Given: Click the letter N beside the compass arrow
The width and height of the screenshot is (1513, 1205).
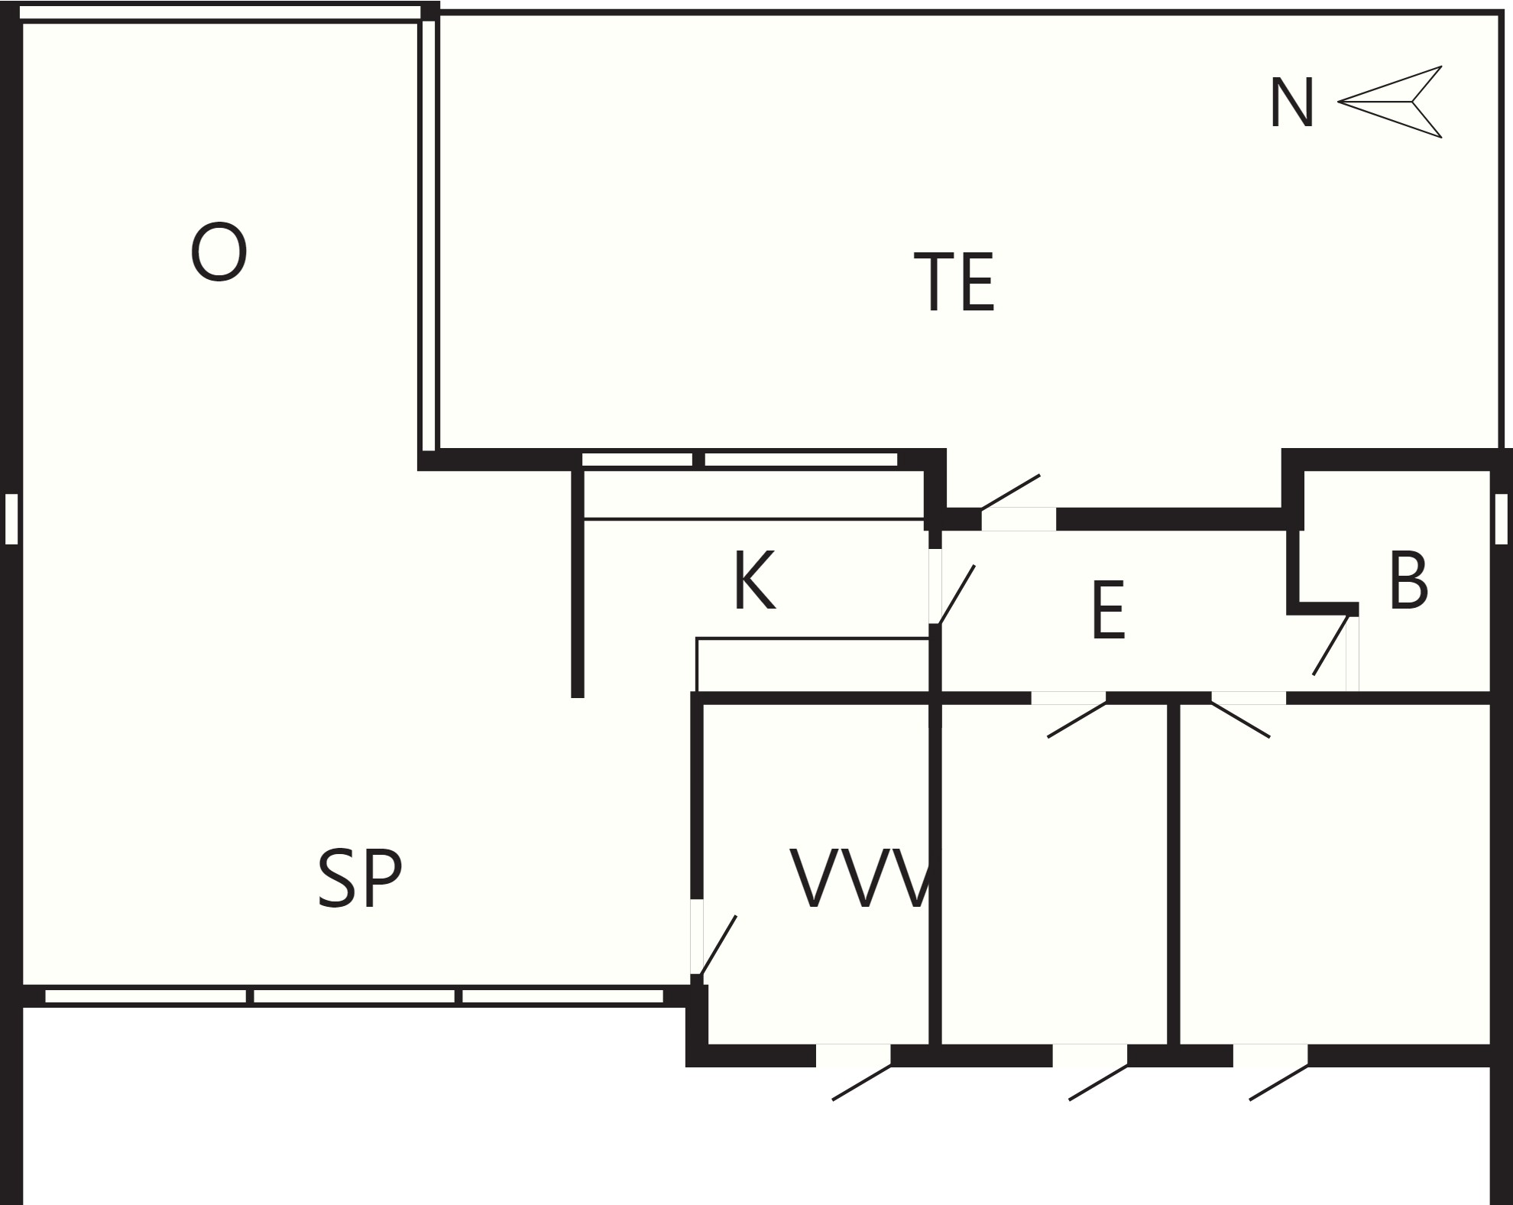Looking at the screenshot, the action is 1291,103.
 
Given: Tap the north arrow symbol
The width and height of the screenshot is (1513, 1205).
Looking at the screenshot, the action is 1389,102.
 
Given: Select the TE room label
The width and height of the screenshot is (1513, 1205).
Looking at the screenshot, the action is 954,282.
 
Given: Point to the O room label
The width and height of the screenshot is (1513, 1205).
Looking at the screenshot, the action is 219,252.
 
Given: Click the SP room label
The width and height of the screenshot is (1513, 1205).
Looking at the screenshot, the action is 359,879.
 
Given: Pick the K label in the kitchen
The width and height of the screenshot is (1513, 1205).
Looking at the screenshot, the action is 754,581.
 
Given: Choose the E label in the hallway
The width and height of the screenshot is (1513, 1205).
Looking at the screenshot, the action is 1109,610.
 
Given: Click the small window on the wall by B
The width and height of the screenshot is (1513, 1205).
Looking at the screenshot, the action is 1501,519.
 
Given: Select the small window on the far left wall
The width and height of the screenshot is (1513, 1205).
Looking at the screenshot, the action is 11,519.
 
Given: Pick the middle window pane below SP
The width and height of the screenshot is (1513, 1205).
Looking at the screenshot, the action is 355,996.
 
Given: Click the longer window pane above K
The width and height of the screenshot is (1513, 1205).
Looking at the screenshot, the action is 800,460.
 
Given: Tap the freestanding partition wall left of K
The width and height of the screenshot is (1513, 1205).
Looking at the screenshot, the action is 578,581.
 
